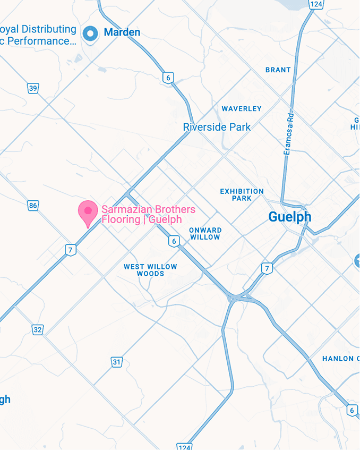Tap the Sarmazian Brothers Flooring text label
148,214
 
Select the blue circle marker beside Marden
91,33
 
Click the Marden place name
122,33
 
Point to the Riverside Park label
217,127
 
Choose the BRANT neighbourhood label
278,70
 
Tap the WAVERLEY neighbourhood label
242,108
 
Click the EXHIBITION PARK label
242,194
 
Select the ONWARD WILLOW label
205,234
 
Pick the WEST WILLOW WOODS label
150,270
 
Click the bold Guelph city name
289,217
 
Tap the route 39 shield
33,88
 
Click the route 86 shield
33,206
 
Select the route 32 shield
37,330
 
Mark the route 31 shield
117,362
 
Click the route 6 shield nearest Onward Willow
173,242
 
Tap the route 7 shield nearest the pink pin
70,249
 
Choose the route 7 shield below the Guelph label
267,268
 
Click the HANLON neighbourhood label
340,359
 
